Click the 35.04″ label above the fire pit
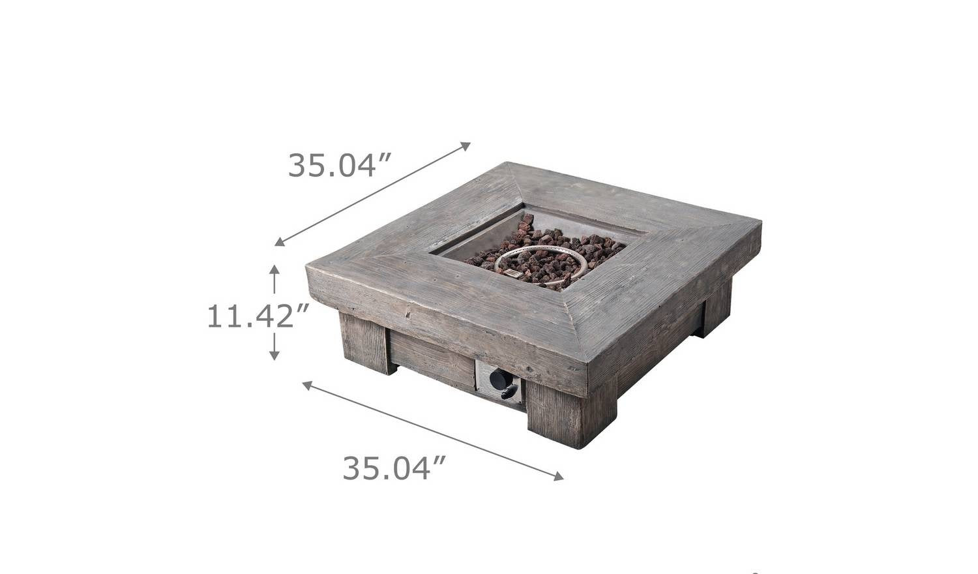click(x=338, y=165)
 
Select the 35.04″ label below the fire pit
click(x=393, y=468)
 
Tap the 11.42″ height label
click(x=258, y=316)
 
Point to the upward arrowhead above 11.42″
click(x=274, y=269)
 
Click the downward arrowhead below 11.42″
click(x=274, y=355)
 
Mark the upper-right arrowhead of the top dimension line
click(x=466, y=146)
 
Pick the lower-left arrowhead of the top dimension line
click(x=280, y=242)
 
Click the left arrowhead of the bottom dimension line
click(x=307, y=385)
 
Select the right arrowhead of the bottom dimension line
click(x=558, y=476)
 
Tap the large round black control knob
click(x=498, y=378)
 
